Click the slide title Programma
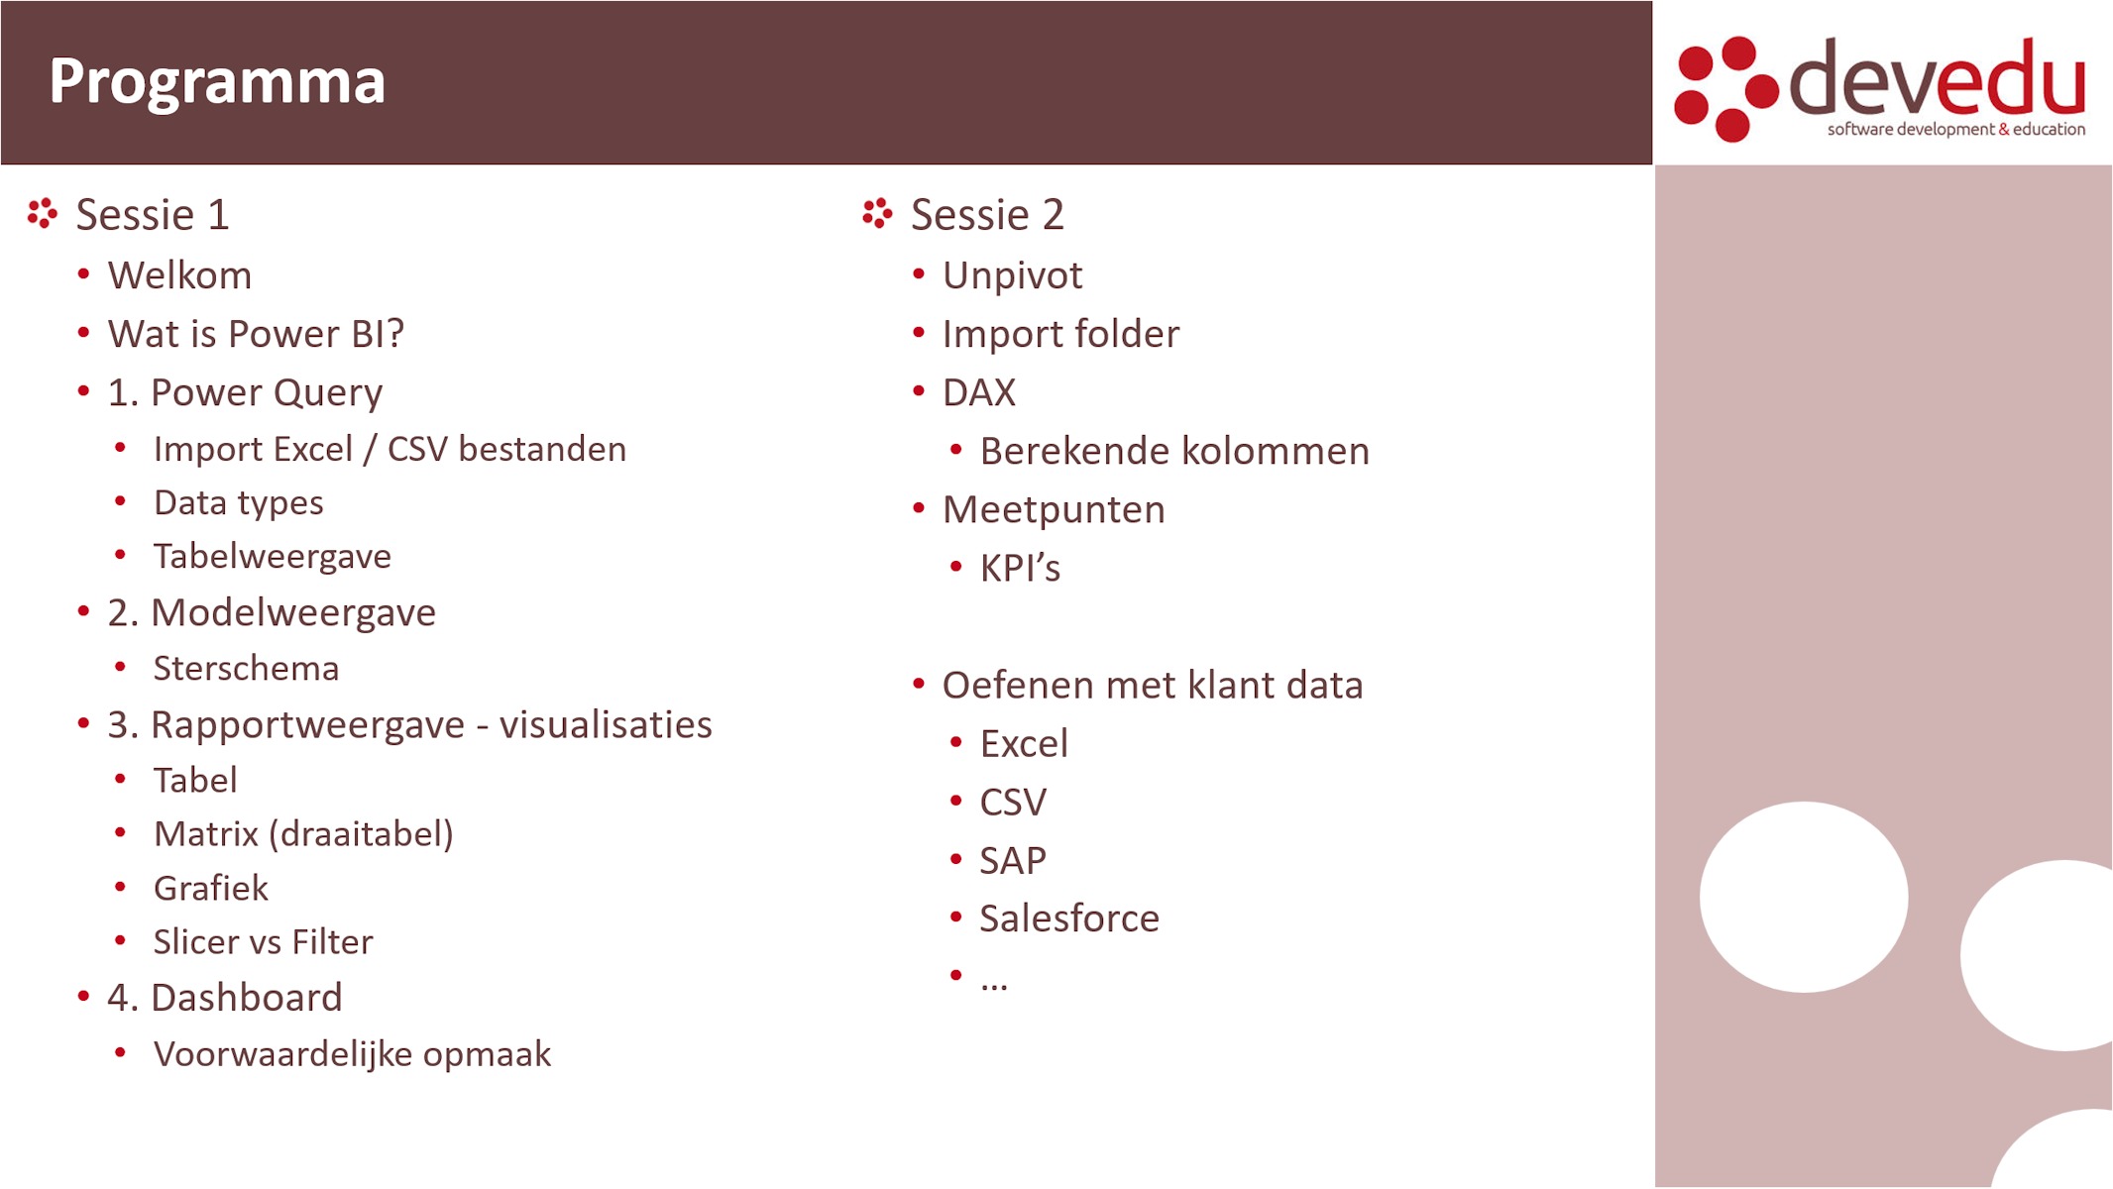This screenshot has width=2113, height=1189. tap(217, 82)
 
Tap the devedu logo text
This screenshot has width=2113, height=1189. tap(1938, 76)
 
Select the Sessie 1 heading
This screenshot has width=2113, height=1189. tap(153, 215)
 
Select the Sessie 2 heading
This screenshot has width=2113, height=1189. tap(987, 215)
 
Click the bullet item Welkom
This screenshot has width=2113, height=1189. tap(179, 275)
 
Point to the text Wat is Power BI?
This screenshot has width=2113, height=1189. tap(256, 334)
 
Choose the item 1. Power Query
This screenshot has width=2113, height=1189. tap(245, 393)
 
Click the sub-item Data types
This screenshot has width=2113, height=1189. tap(239, 503)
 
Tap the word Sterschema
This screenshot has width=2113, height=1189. tap(246, 669)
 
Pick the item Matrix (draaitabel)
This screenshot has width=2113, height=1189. tap(303, 834)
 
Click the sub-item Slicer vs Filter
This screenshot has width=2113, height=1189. tap(263, 942)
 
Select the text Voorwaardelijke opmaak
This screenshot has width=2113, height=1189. tap(352, 1055)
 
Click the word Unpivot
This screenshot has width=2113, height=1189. tap(1012, 276)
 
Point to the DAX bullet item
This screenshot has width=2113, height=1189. tap(979, 393)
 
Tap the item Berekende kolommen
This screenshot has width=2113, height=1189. tap(1174, 452)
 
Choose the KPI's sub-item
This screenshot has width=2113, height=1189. tap(1020, 569)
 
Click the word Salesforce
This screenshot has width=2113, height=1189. tap(1069, 919)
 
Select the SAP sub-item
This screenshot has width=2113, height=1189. tap(1013, 861)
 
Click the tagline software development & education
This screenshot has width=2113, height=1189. tap(1956, 130)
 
